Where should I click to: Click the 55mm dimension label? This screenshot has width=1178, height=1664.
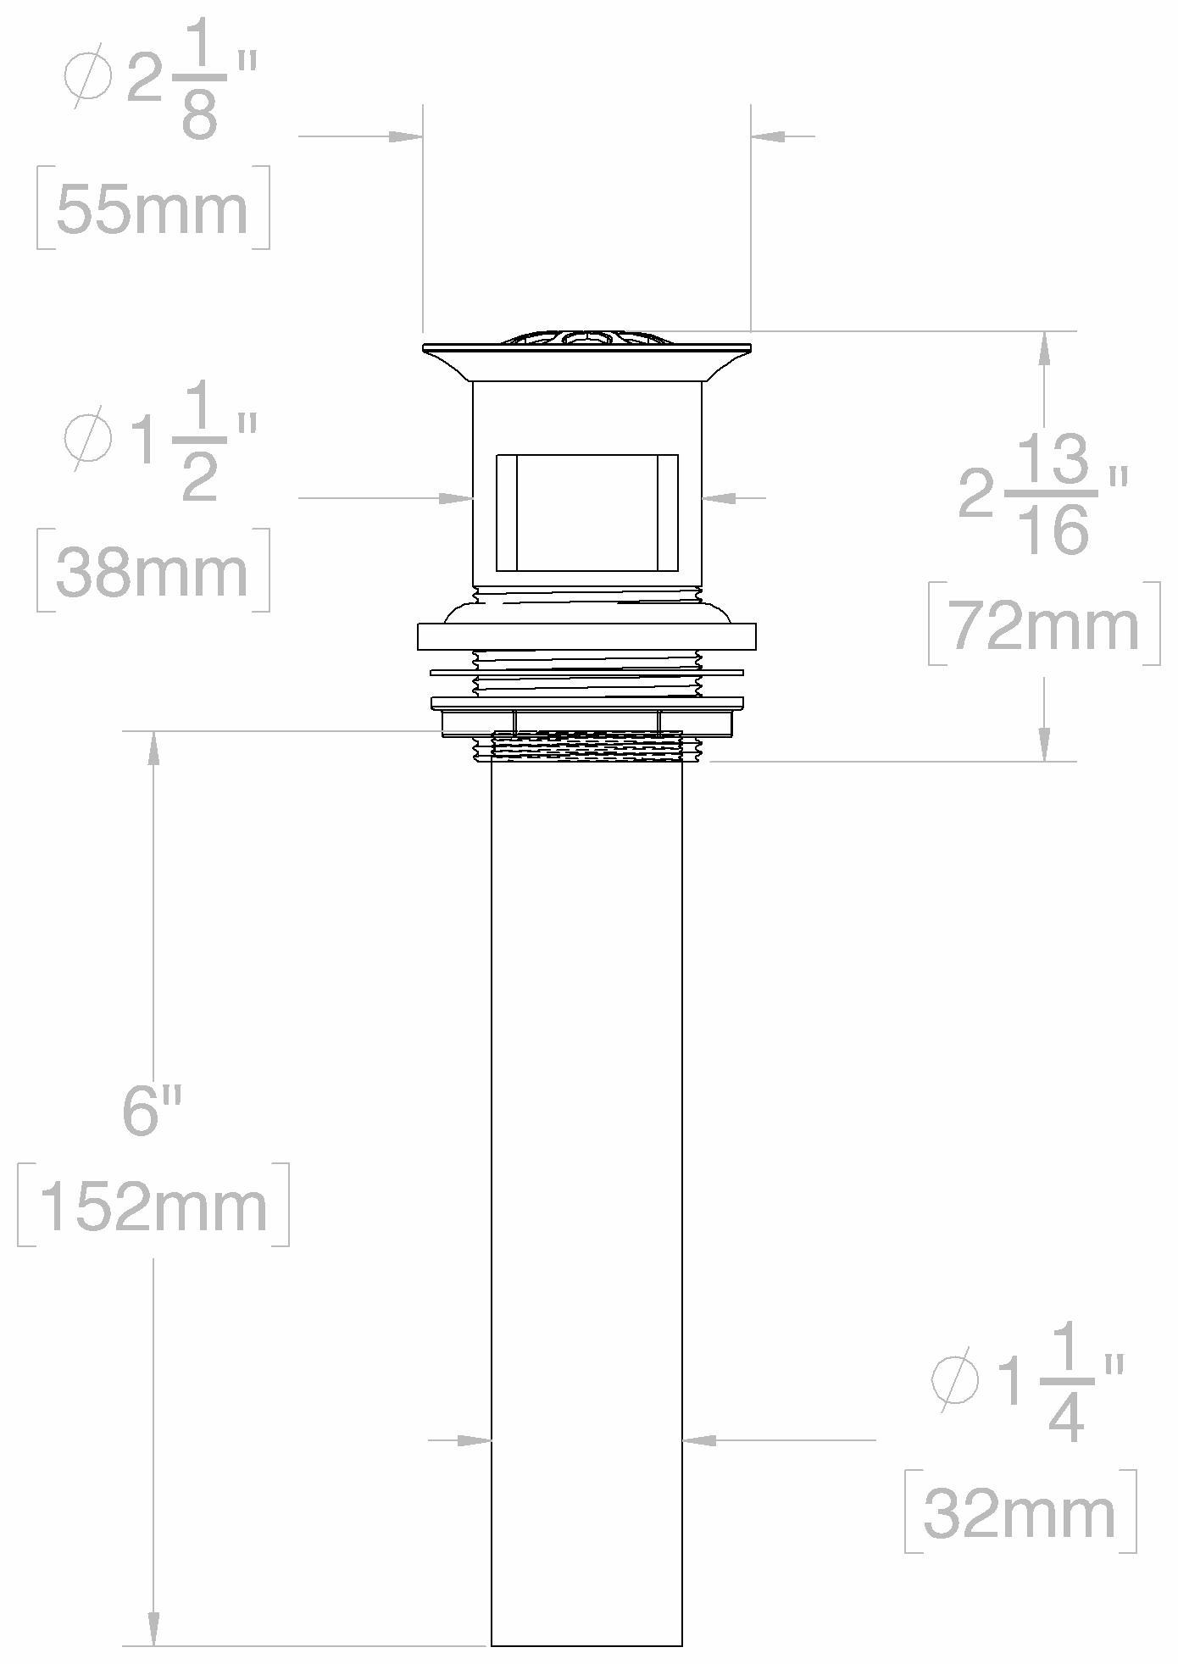tap(153, 209)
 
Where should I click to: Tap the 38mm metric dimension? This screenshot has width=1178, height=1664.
tap(153, 571)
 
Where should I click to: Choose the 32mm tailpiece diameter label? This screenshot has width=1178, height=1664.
tap(1020, 1514)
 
